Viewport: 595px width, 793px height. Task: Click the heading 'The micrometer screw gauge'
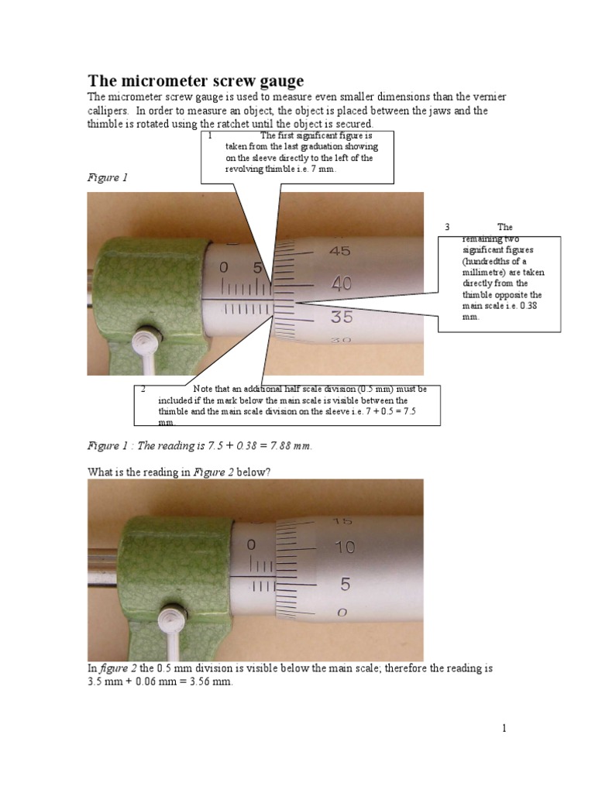click(195, 81)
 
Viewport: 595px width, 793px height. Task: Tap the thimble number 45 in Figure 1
click(340, 251)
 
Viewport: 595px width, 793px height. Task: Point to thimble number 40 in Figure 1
click(341, 284)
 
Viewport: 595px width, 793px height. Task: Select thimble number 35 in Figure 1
click(341, 316)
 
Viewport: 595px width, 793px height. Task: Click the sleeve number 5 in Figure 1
click(258, 268)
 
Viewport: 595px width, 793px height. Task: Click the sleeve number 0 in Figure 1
click(224, 268)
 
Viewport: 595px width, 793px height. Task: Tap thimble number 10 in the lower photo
click(345, 548)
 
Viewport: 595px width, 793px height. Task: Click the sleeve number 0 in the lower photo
click(251, 545)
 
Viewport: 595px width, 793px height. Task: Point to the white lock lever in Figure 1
click(145, 342)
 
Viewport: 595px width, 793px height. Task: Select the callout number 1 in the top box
click(210, 135)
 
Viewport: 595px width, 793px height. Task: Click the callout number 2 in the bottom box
click(144, 389)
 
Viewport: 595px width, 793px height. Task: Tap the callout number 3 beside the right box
click(447, 227)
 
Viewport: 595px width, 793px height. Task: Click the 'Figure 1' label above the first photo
click(107, 178)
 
